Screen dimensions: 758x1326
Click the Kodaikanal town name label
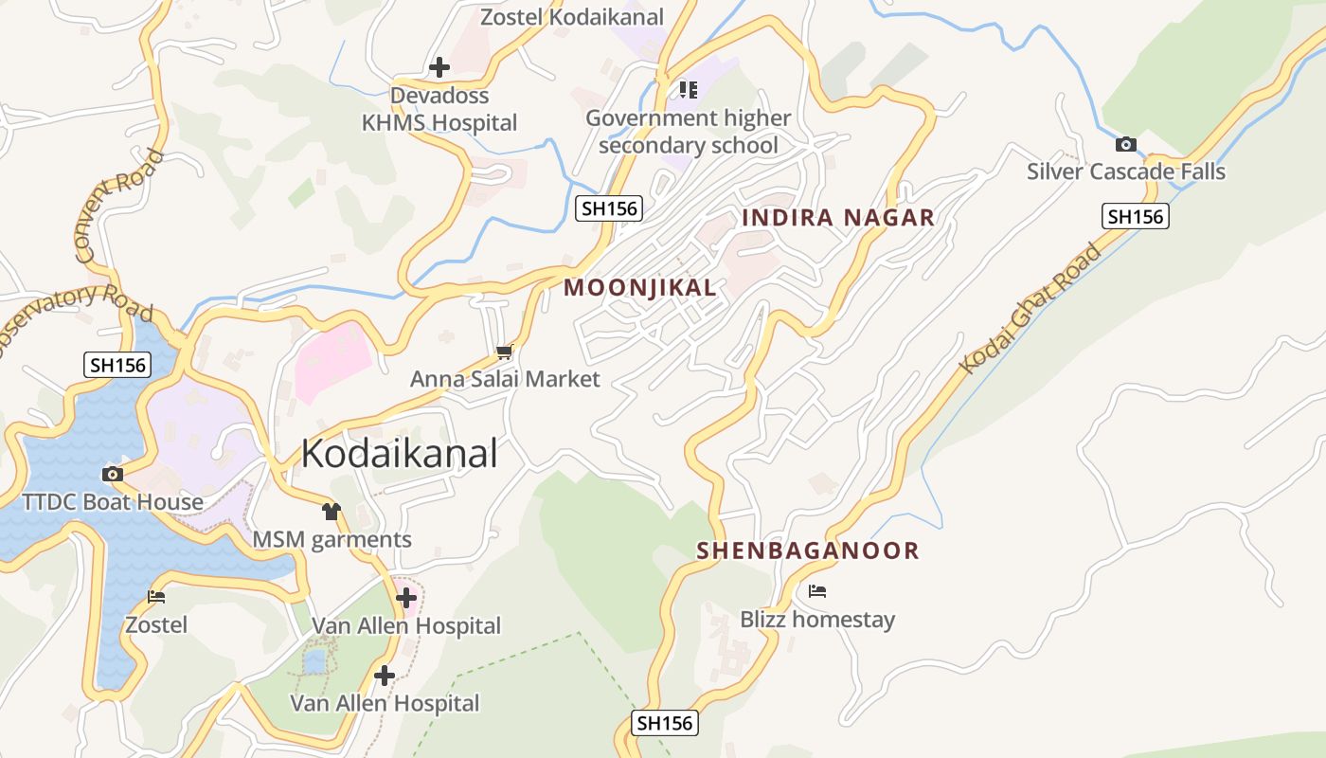coord(399,454)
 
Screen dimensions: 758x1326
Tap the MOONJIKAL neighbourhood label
coord(640,288)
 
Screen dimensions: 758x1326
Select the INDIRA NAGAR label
coord(838,218)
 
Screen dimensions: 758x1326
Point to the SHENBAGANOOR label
coord(808,550)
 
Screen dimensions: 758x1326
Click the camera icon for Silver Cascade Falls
coord(1125,145)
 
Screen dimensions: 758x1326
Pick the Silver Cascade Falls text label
coord(1126,171)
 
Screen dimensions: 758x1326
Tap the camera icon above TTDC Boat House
coord(113,474)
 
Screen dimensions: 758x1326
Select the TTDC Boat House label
coord(113,501)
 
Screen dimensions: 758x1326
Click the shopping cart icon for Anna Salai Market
coord(504,352)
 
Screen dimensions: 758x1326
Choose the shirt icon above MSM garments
coord(331,512)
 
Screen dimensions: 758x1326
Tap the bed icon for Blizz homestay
coord(817,592)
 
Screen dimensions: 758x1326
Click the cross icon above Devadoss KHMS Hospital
coord(439,67)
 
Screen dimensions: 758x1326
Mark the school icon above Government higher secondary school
coord(689,90)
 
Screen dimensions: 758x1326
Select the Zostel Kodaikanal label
coord(572,17)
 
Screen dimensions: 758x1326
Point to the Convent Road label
coord(118,205)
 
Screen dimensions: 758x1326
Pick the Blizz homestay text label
coord(817,620)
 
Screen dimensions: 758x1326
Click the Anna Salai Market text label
coord(505,379)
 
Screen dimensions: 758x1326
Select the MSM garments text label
coord(331,540)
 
